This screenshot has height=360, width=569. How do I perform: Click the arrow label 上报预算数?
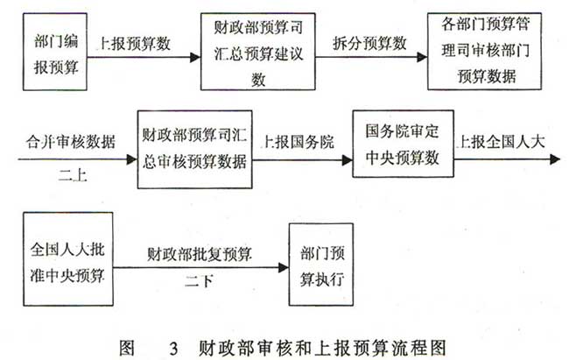(134, 44)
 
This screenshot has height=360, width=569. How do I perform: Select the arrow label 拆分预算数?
(369, 43)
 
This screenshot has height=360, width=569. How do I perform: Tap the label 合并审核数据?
(70, 141)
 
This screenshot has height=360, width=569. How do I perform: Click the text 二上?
(73, 176)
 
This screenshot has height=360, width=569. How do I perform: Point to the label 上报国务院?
(299, 142)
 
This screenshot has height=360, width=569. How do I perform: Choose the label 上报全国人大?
(501, 141)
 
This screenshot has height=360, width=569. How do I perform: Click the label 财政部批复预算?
(200, 254)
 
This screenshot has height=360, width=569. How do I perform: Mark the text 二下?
(199, 281)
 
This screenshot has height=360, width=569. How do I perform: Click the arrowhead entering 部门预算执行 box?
(284, 268)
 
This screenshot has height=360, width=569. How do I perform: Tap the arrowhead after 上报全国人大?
(555, 159)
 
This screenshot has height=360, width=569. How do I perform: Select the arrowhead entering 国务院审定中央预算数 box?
(348, 159)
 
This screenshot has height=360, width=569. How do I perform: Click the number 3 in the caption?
(174, 349)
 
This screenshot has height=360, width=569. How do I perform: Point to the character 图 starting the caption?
(127, 348)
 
